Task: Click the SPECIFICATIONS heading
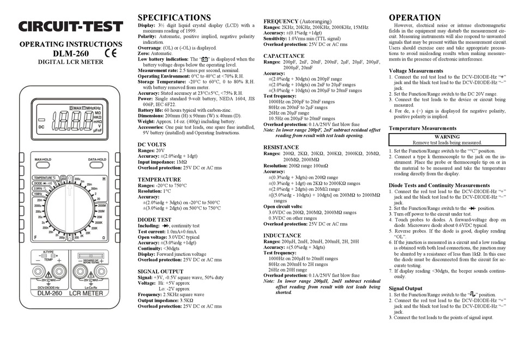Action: click(x=174, y=17)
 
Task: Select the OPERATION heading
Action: click(x=415, y=17)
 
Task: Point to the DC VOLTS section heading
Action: click(x=152, y=144)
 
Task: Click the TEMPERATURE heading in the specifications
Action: click(x=159, y=179)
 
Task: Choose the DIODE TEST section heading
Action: click(x=154, y=220)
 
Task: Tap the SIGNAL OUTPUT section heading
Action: click(x=160, y=271)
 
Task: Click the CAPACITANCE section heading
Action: click(x=284, y=56)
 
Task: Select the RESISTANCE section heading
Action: click(x=281, y=147)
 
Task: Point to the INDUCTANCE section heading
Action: click(x=282, y=235)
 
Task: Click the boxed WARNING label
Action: click(x=447, y=137)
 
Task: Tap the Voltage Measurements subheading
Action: click(x=419, y=71)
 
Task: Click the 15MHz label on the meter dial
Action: click(x=38, y=194)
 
